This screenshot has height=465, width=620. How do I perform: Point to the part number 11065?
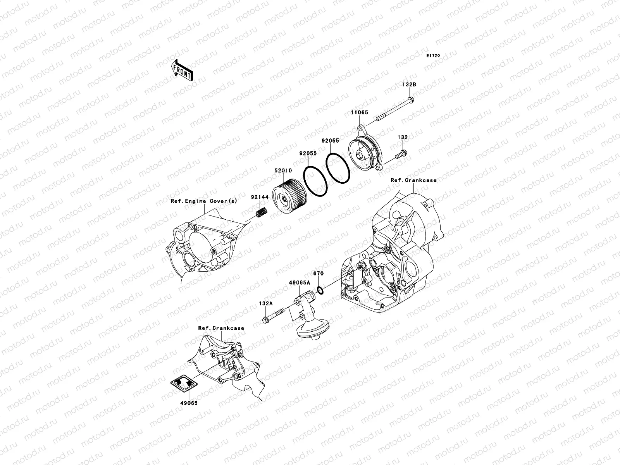click(x=360, y=113)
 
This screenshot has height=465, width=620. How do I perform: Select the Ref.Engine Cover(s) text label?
click(x=203, y=201)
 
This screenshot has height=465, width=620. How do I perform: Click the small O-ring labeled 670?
click(x=320, y=290)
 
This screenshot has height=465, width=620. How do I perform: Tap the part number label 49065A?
click(x=299, y=283)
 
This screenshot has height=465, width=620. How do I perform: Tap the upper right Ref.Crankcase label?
click(x=413, y=180)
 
